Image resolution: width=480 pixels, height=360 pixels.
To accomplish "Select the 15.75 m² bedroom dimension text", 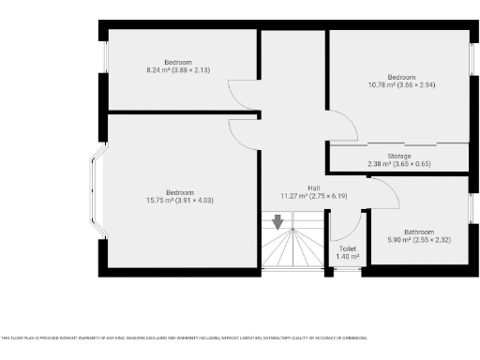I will (181, 199).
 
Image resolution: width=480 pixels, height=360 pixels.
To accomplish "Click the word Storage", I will (399, 156).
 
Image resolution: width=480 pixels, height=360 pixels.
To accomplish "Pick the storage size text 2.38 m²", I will (399, 164).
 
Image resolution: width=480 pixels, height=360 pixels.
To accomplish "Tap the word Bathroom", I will (419, 232).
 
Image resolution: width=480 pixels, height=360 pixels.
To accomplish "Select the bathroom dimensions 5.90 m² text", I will (419, 240).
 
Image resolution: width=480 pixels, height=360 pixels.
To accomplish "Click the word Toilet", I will (348, 248).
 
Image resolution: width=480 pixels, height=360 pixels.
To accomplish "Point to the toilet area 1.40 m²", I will (348, 256).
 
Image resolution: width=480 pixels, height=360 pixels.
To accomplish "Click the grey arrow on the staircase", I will (278, 222).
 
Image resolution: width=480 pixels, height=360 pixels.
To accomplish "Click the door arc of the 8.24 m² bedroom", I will (241, 95).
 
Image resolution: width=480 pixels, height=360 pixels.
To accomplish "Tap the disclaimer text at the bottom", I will (184, 337).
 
